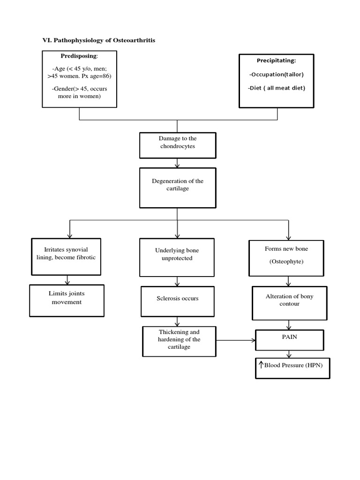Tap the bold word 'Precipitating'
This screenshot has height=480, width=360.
[276, 60]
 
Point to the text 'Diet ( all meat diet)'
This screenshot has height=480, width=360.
[276, 88]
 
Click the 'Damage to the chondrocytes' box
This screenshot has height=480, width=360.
[178, 145]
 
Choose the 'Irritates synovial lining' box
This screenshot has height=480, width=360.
[66, 256]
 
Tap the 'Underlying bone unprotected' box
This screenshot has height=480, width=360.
[177, 257]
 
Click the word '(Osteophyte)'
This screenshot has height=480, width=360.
[286, 262]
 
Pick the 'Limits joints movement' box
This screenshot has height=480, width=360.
[67, 300]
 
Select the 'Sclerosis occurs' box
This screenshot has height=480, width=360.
[177, 301]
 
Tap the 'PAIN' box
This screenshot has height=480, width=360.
[289, 340]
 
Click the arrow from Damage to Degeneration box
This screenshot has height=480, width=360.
[177, 164]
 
